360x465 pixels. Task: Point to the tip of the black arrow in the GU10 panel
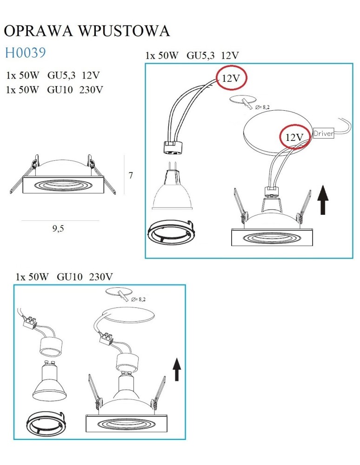point(177,358)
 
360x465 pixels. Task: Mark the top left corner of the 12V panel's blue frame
point(145,63)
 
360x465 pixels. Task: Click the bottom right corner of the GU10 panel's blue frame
point(185,439)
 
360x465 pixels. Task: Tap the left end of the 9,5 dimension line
point(21,220)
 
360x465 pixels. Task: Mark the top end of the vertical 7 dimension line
point(124,155)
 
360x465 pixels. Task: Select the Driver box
point(323,133)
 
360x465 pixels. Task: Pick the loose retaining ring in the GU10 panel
point(46,425)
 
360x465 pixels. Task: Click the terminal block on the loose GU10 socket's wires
point(31,323)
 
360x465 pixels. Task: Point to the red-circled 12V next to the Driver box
point(295,137)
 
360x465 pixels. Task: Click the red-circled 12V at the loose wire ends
point(231,78)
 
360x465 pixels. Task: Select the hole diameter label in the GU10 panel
point(138,299)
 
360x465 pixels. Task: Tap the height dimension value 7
point(131,175)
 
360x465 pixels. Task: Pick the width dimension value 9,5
point(58,228)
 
